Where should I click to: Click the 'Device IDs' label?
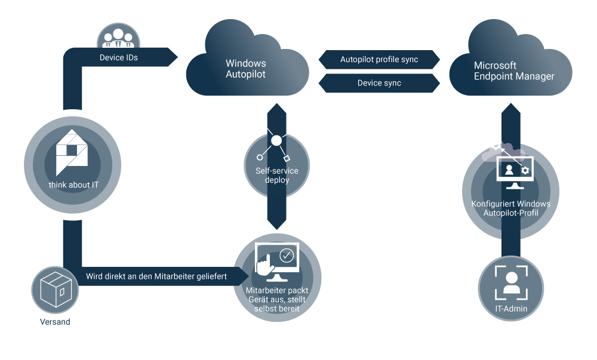coord(119,59)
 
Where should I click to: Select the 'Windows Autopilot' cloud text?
coord(246,69)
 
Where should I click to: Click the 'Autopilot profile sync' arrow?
coord(379,60)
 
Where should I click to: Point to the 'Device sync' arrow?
coord(379,83)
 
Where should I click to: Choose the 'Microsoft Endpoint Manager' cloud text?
coord(514,70)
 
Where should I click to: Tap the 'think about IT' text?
coord(74,185)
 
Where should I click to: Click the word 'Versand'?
coord(55,322)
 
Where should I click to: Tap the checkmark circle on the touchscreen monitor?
coord(287,256)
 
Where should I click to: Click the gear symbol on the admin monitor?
coord(525,171)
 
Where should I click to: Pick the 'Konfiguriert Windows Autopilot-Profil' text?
coord(510,208)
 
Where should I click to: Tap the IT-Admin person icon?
coord(511,283)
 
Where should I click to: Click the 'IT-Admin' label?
coord(511,309)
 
